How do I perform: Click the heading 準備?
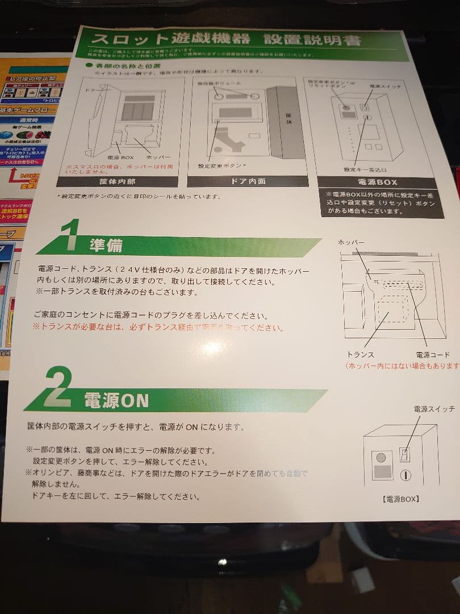point(106,245)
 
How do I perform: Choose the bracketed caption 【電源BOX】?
point(402,499)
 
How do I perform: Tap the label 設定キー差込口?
point(365,169)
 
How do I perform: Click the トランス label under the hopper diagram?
point(360,355)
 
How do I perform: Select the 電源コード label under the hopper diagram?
point(433,355)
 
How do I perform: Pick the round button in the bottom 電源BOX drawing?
point(381,457)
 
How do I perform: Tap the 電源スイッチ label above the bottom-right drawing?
point(434,409)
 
